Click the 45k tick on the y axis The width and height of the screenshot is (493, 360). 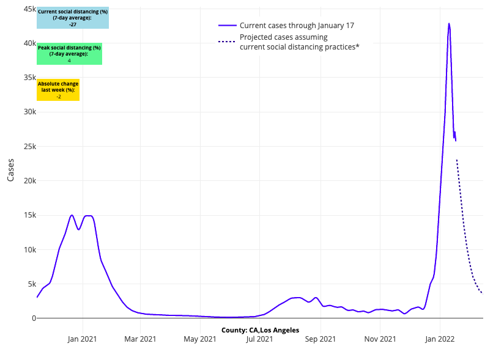point(29,9)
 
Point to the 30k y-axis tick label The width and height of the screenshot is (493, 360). point(29,112)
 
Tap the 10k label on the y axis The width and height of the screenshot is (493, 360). point(29,249)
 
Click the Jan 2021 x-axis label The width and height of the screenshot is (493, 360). point(81,339)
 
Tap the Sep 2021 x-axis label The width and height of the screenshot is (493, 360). point(320,339)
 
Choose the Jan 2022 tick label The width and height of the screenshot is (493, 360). point(439,339)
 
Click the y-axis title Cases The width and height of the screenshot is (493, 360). point(10,170)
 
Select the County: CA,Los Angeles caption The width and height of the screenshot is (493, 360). point(260,330)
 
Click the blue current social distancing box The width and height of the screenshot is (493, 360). point(73,18)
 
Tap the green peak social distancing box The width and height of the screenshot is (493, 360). point(69,54)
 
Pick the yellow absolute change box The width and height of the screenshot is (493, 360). point(58,90)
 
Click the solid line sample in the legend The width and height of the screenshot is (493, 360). point(227,26)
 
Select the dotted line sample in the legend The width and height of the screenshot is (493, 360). point(227,42)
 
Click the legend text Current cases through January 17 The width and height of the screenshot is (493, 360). point(297,26)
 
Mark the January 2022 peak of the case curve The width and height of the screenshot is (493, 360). point(449,24)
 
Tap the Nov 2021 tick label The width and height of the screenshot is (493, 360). point(380,339)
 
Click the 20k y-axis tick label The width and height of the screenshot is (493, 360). point(29,181)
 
